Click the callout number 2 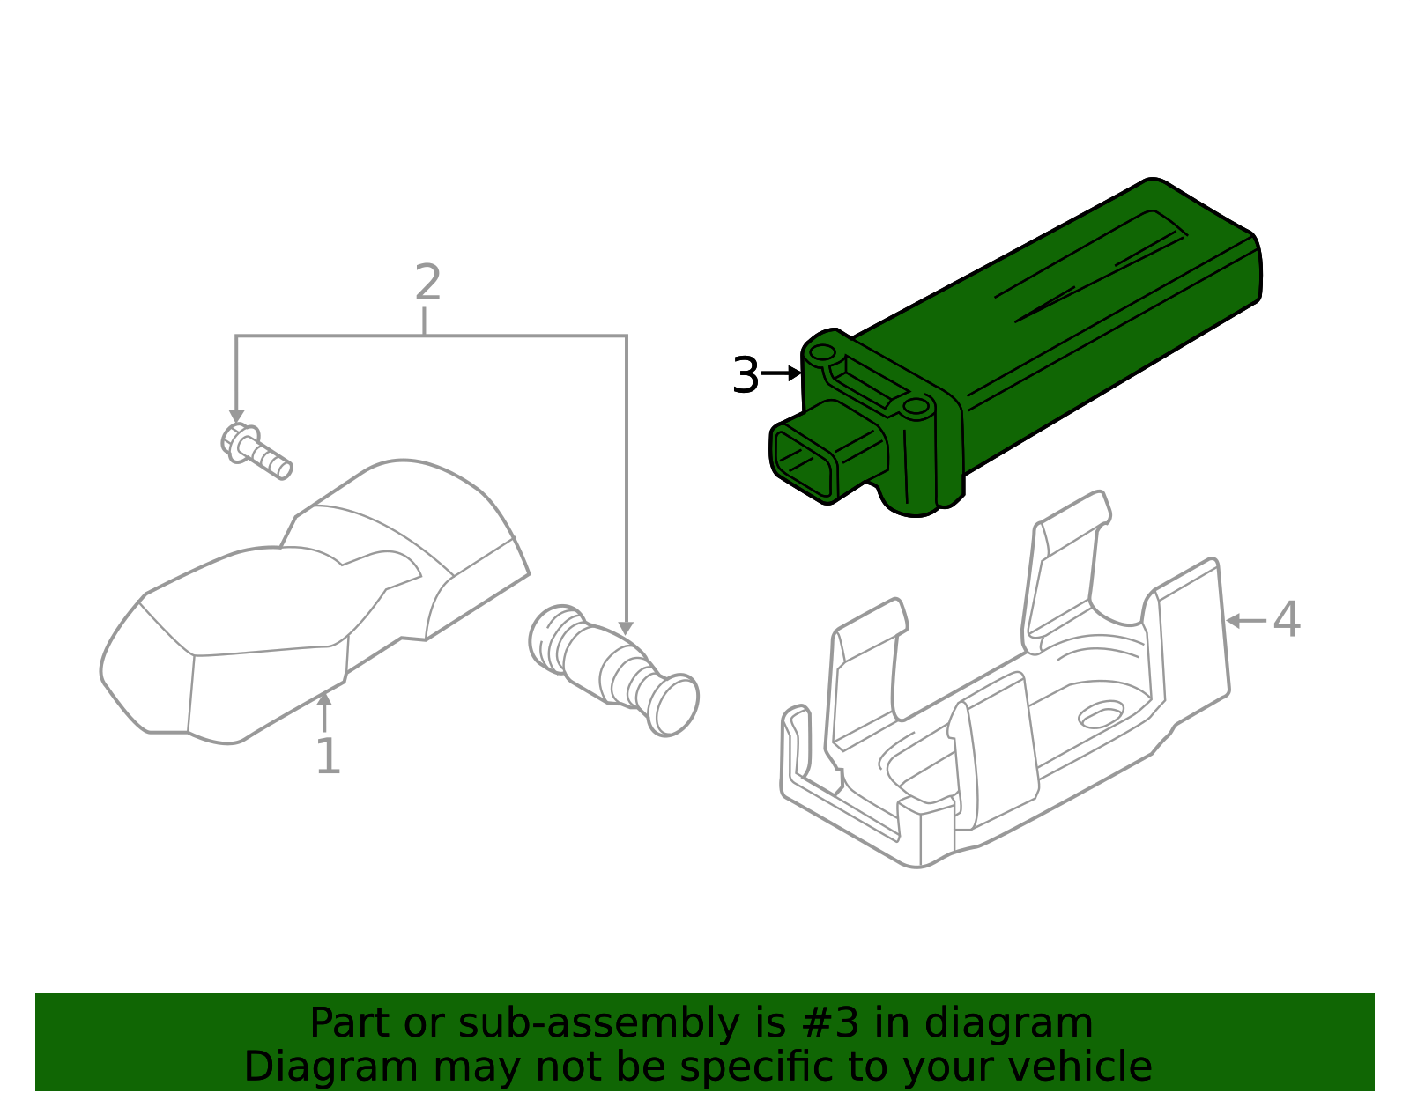427,284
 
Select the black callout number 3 745,376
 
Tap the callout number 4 1287,620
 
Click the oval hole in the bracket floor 1102,714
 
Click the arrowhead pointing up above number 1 324,699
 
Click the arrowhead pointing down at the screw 236,416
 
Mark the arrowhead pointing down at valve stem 626,628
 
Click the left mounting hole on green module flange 822,352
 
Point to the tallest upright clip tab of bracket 1066,572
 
